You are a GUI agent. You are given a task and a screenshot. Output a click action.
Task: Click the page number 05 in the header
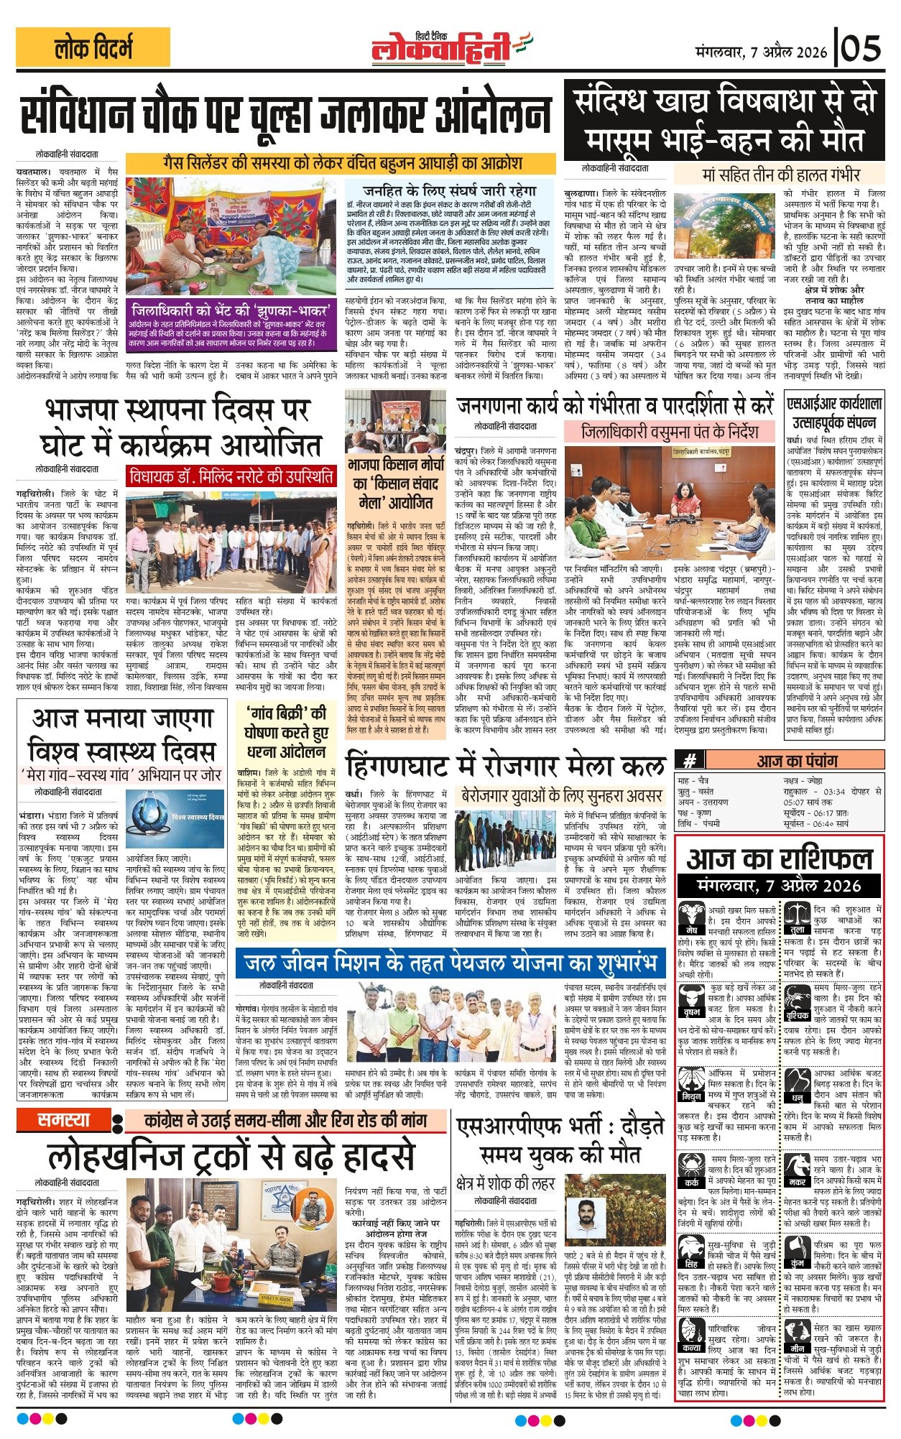(861, 49)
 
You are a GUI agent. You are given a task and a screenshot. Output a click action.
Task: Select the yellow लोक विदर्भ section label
(93, 48)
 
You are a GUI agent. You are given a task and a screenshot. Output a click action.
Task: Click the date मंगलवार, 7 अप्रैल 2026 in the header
(762, 52)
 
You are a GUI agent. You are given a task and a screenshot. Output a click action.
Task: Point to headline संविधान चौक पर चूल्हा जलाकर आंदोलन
(286, 115)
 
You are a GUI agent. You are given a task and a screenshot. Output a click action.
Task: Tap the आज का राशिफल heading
(780, 860)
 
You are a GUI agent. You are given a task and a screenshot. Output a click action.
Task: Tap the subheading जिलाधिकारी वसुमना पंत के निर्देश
(670, 432)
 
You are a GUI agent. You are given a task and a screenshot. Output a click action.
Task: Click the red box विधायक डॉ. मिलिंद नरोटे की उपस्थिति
(231, 476)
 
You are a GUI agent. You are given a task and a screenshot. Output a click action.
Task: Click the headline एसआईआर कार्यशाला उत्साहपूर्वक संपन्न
(834, 412)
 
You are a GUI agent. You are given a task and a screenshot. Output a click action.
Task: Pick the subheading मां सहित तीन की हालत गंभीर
(780, 174)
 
